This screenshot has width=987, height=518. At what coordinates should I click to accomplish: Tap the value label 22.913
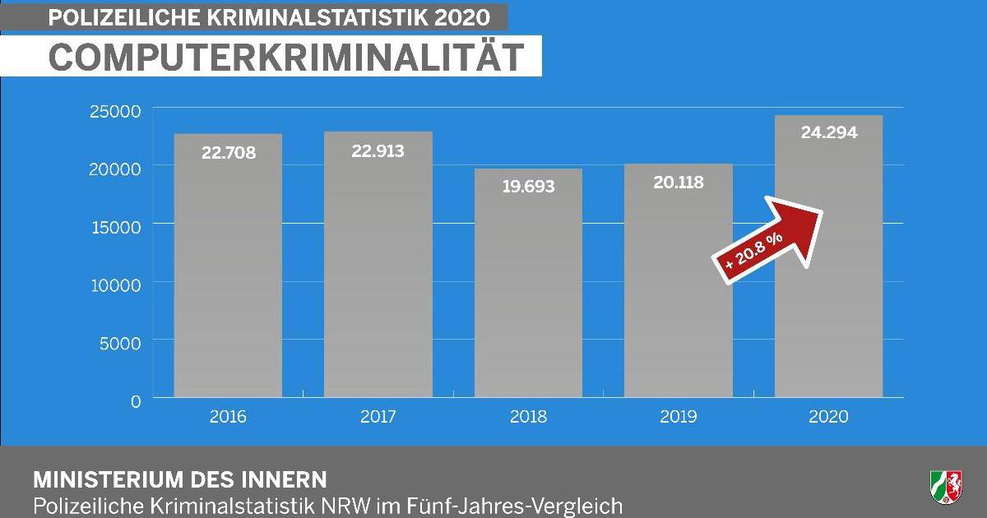tap(378, 151)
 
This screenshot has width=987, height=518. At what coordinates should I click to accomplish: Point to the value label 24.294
tap(829, 132)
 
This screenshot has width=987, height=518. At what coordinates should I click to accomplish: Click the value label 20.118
tap(679, 183)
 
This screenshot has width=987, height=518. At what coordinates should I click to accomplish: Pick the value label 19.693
tap(528, 187)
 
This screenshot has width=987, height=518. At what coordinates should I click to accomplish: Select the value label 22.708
tap(228, 153)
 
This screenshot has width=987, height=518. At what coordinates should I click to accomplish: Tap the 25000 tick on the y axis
tap(115, 110)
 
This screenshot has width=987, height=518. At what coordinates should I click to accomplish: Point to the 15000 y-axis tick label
tap(115, 225)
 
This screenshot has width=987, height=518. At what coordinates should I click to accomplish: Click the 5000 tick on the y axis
tap(120, 342)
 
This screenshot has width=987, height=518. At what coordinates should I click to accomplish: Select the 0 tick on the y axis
tap(135, 400)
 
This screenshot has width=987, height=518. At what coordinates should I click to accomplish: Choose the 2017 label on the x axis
tap(378, 417)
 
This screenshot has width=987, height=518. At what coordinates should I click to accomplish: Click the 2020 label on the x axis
tap(829, 417)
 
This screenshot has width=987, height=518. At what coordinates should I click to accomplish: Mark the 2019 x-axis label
tap(679, 417)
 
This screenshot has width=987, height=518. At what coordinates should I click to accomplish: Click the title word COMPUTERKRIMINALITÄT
tap(286, 58)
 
